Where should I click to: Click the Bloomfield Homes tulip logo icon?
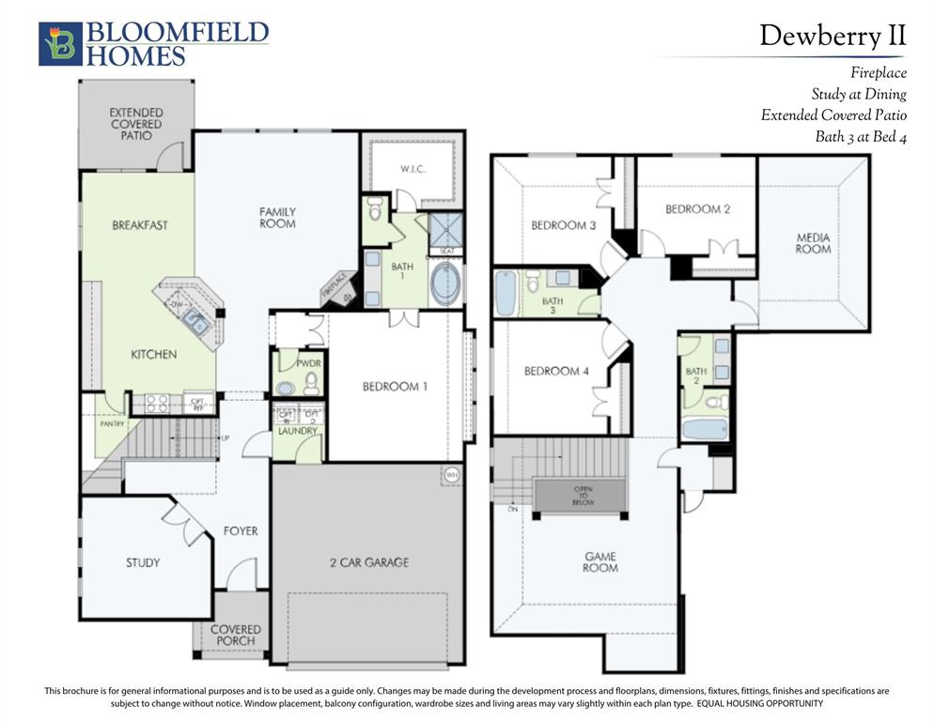point(60,44)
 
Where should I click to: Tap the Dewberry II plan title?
point(833,36)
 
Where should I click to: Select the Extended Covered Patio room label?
point(135,124)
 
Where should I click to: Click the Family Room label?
point(277,218)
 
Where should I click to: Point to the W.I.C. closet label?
point(414,170)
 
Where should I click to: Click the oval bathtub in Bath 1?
point(445,283)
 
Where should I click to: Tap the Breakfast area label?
point(140,225)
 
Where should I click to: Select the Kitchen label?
point(153,355)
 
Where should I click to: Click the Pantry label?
point(112,424)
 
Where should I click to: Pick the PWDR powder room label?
point(309,361)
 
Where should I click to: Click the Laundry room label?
point(297,431)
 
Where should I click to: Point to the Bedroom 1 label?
point(396,386)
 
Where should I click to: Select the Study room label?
point(143,562)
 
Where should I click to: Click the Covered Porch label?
point(235,635)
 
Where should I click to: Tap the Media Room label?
point(813,243)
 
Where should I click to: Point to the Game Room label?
point(599,561)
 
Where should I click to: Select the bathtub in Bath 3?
point(506,294)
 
